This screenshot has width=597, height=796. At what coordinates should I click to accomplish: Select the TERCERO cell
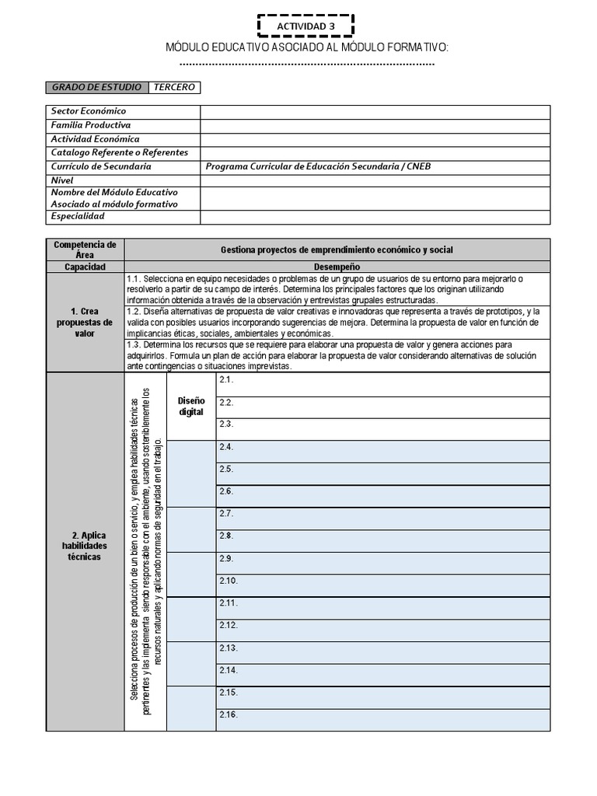pos(174,87)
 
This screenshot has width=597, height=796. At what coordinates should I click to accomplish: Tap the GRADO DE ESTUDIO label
pos(97,87)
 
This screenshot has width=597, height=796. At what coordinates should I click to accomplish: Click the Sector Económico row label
pos(89,111)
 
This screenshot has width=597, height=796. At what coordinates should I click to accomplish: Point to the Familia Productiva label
pos(91,125)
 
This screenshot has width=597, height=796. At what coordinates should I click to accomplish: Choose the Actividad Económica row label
pos(96,139)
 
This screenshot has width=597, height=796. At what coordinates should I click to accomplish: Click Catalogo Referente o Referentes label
pos(120,152)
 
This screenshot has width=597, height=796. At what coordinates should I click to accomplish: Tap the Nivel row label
pos(62,180)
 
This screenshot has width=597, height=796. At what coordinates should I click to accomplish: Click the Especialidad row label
pos(78,216)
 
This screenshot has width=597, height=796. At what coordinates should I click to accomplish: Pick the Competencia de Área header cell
pos(85,250)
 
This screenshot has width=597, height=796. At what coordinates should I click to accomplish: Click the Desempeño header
pos(336,267)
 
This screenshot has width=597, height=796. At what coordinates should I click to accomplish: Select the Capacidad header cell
pos(85,267)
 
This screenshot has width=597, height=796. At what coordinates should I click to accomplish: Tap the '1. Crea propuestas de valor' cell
pos(85,322)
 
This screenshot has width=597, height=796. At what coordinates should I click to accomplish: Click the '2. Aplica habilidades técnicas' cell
pos(85,546)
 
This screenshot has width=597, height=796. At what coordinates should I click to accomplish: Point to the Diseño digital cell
pos(191,406)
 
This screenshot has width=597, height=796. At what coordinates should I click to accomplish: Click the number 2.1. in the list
pos(226,379)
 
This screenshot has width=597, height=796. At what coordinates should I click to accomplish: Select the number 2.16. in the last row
pos(229,714)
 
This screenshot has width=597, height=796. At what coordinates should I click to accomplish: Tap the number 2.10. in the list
pos(229,581)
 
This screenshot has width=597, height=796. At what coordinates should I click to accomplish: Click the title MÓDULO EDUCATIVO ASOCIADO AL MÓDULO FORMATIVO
pos(307,48)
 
